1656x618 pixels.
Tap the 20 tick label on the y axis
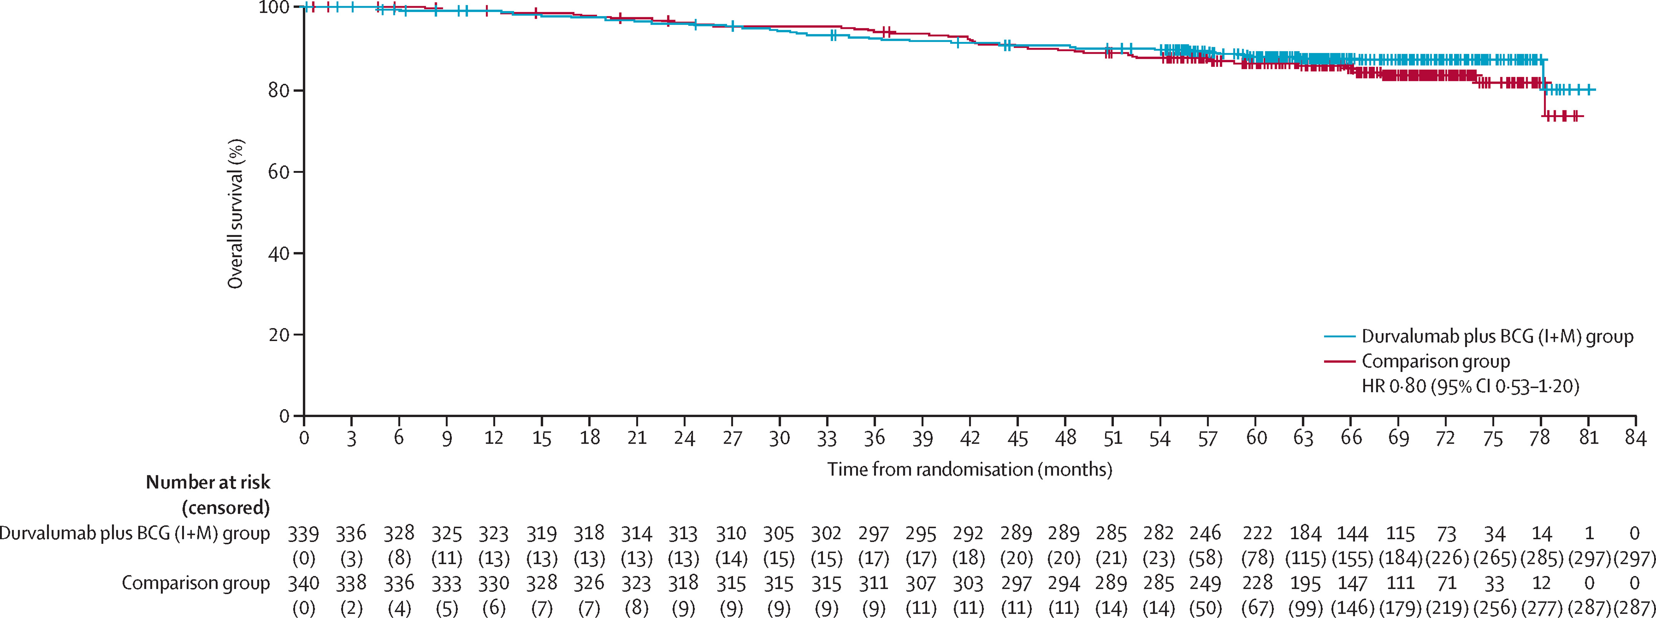pos(279,335)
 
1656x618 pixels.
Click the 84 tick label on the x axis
pos(1635,438)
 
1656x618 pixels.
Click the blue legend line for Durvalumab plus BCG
pos(1340,336)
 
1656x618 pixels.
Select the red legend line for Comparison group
pos(1340,361)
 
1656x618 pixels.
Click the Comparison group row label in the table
pos(196,583)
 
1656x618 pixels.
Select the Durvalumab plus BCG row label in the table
pos(134,533)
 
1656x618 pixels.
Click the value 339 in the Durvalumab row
pos(304,533)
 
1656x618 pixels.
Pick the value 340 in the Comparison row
pos(304,583)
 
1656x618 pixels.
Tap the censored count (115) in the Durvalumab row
pos(1305,558)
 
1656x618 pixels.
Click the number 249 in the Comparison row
pos(1205,583)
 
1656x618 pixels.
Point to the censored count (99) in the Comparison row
pos(1305,608)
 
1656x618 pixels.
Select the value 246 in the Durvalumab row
pos(1205,533)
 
